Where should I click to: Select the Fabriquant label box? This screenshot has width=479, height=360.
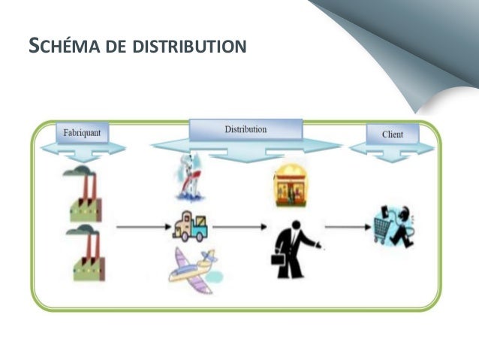tap(83, 133)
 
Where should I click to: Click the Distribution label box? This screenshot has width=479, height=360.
tap(245, 129)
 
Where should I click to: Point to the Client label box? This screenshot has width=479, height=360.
tap(392, 135)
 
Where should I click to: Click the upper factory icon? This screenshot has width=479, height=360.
tap(86, 198)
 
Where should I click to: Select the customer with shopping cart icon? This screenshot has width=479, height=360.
tap(394, 225)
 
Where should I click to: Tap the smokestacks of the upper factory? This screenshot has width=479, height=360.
tap(85, 184)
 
